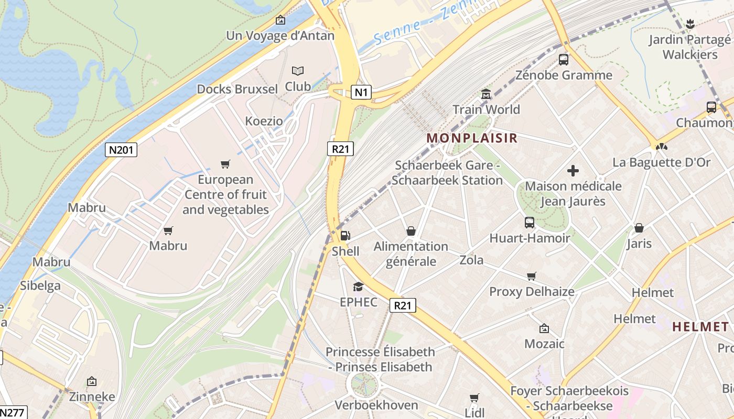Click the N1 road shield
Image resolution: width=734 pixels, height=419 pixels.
[361, 93]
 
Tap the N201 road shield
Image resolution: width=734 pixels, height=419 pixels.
[121, 150]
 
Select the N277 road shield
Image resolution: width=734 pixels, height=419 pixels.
[12, 412]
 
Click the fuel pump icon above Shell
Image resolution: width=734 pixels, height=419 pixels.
[345, 236]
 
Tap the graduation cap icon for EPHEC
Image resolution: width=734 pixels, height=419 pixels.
[358, 286]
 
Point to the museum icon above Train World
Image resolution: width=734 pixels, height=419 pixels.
[486, 94]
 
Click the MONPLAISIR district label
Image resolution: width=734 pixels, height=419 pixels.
[472, 138]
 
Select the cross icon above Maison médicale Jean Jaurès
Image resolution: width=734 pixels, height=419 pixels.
[573, 171]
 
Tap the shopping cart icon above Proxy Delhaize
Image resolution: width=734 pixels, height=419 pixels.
[532, 276]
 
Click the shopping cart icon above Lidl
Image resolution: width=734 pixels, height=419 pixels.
[474, 398]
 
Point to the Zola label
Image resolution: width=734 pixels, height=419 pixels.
[471, 260]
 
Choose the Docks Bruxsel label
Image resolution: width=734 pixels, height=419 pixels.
[237, 89]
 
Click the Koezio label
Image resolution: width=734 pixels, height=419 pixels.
[264, 122]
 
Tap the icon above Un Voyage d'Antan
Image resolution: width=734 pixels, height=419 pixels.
[280, 20]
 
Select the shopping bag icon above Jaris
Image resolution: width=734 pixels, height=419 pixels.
[639, 228]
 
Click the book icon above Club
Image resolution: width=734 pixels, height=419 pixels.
[298, 71]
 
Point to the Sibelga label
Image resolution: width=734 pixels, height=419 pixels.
[40, 286]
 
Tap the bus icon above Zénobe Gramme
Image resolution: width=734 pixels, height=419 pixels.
[564, 60]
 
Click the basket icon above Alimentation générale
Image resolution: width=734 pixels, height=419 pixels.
[411, 231]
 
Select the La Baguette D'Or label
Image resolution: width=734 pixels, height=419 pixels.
[662, 162]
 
